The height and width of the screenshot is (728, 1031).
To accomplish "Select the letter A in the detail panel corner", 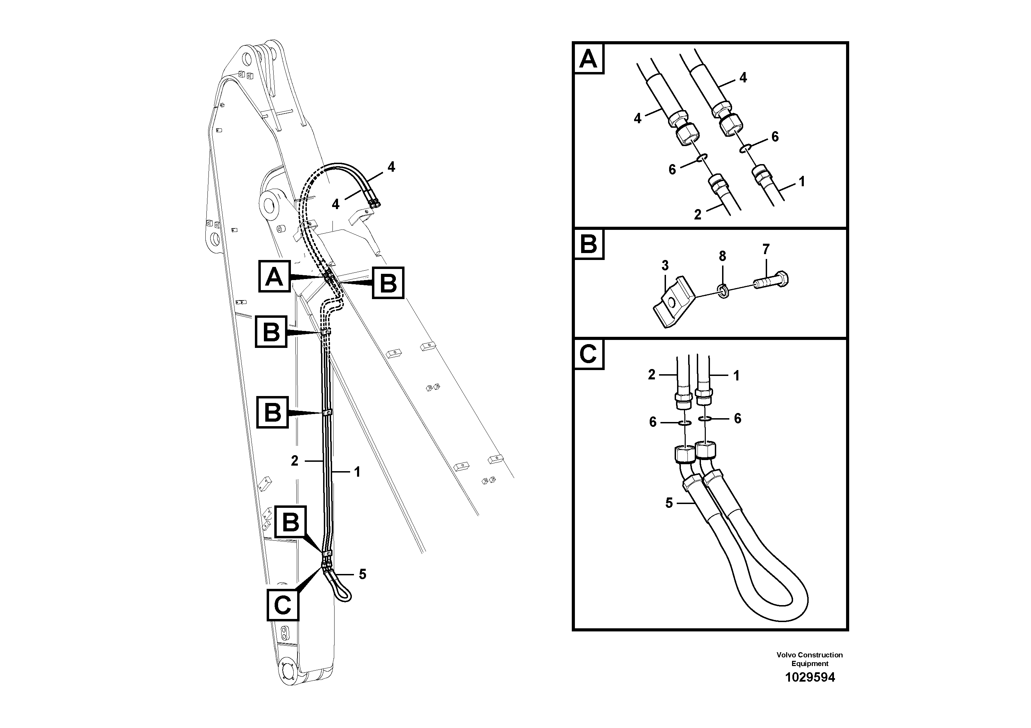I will [589, 59].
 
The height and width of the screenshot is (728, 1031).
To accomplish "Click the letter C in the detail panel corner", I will [588, 354].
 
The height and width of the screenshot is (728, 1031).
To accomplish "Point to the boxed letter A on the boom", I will [274, 277].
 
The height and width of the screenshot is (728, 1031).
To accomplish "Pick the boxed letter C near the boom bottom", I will [283, 605].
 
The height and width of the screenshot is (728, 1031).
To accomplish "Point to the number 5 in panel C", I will [669, 503].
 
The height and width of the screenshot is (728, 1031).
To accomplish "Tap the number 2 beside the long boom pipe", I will [295, 460].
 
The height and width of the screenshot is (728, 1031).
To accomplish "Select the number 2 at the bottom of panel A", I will [697, 215].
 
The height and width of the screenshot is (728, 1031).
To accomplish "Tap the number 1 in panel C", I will [736, 376].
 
